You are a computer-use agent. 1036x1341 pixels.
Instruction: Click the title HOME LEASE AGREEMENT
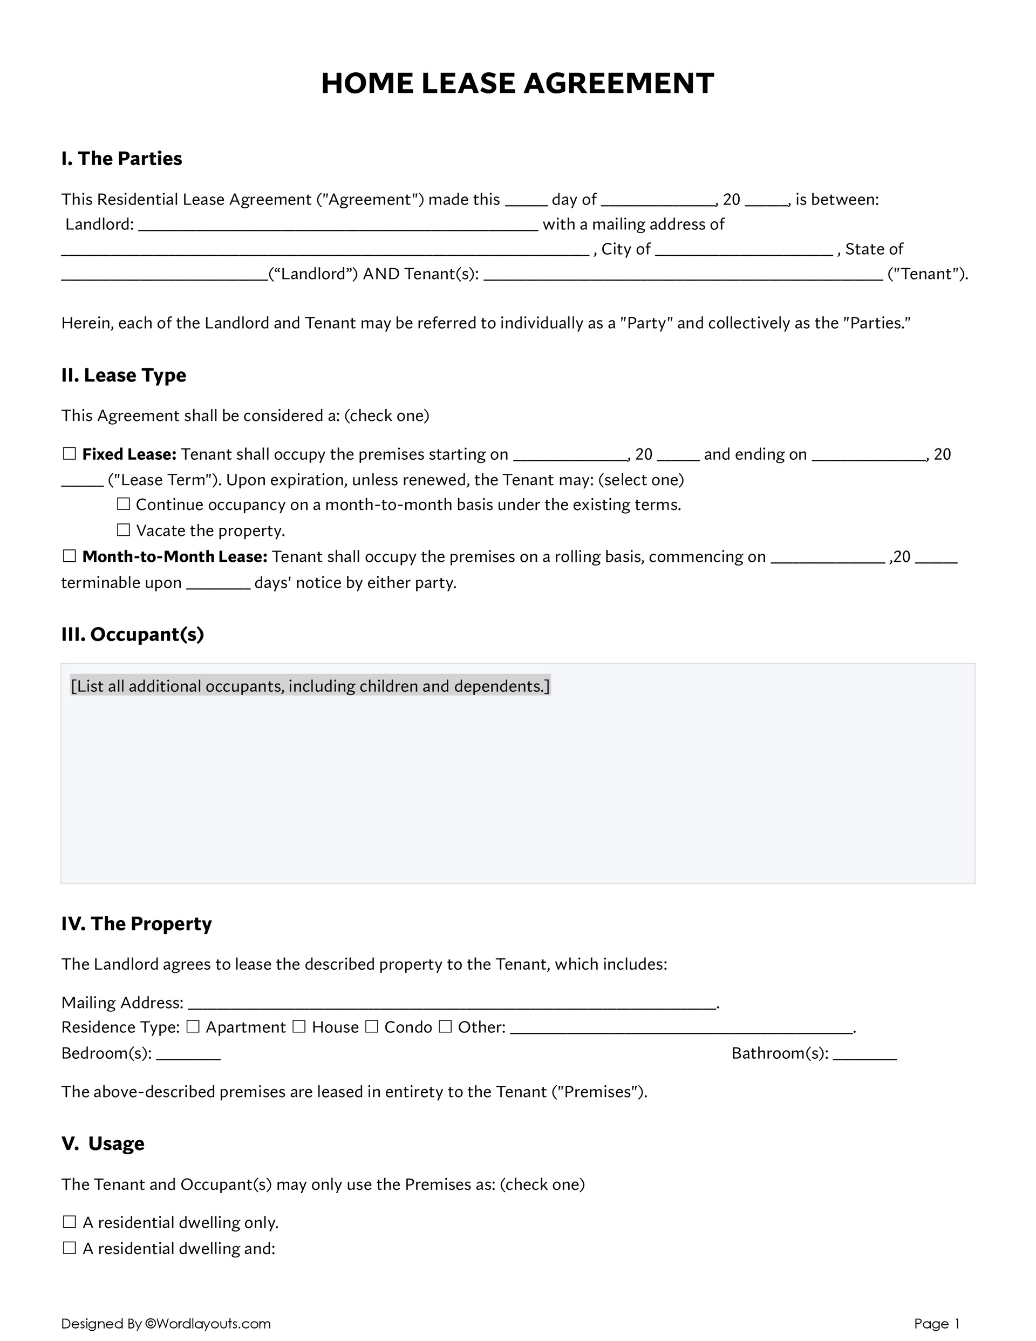coord(517,84)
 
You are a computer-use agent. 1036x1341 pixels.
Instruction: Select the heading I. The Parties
coord(121,159)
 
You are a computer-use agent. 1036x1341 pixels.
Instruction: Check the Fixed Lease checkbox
coord(70,454)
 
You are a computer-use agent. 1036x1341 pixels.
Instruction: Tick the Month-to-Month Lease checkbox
coord(70,556)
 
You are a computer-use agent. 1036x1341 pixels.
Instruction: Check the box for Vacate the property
coord(124,530)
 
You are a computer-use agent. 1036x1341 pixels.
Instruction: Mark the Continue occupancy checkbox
coord(124,504)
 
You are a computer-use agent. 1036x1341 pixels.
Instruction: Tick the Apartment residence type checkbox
coord(193,1026)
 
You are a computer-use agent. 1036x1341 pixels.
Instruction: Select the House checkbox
coord(299,1026)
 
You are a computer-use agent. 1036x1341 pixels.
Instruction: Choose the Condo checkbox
coord(372,1026)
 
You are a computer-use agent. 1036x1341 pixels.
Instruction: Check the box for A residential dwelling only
coord(70,1222)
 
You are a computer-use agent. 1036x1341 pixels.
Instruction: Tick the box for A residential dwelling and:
coord(70,1248)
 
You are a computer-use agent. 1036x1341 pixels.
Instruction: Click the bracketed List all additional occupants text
coord(310,686)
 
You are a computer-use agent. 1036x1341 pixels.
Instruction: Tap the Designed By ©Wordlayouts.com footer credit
coord(166,1323)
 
